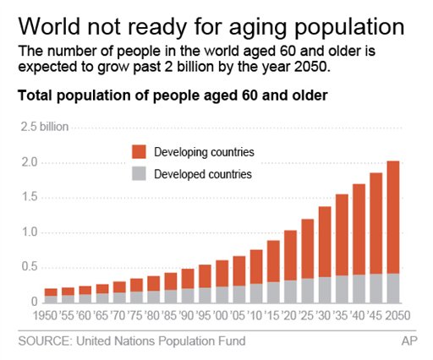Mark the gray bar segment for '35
click(342, 289)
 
